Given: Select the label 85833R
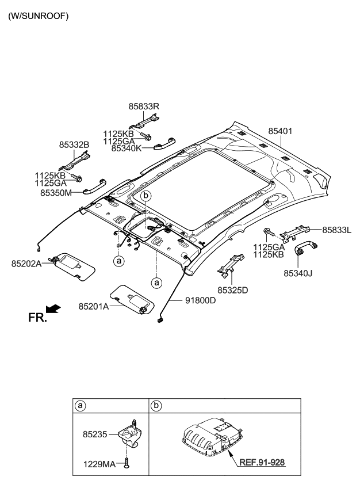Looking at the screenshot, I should pos(144,106).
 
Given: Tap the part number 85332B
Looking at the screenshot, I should pos(74,144).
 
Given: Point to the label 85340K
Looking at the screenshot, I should pos(127,148).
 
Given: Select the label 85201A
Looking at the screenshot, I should pos(93,307).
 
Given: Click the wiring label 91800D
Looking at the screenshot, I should pos(200,300).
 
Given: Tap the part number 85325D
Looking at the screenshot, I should pos(233,289).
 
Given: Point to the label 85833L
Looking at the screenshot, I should pos(337,230).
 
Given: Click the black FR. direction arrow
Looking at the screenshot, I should pos(53,309).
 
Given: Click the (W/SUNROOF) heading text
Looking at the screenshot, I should pos(38,16).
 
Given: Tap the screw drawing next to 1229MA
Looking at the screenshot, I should pos(126,462).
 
